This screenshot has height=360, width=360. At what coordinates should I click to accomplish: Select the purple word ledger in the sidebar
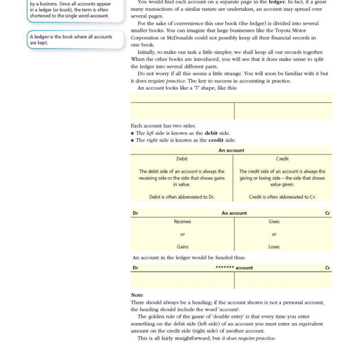pyautogui.click(x=41, y=37)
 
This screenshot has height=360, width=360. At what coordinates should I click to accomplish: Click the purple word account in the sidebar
pyautogui.click(x=99, y=16)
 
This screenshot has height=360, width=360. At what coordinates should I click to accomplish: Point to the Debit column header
pyautogui.click(x=182, y=159)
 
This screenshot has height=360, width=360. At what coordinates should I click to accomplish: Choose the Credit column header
pyautogui.click(x=282, y=159)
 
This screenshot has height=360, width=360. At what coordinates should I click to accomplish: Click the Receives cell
pyautogui.click(x=182, y=221)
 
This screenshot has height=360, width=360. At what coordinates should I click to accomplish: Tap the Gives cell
pyautogui.click(x=274, y=221)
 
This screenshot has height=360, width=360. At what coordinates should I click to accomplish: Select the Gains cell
pyautogui.click(x=182, y=247)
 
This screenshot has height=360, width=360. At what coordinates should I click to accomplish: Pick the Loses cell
pyautogui.click(x=274, y=247)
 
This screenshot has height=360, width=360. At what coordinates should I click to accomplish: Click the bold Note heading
pyautogui.click(x=137, y=295)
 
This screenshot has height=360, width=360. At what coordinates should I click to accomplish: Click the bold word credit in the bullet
pyautogui.click(x=216, y=140)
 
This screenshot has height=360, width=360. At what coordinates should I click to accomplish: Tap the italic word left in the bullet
pyautogui.click(x=150, y=133)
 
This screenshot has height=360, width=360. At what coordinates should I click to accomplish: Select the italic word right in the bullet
pyautogui.click(x=152, y=140)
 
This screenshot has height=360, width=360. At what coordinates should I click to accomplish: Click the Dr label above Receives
pyautogui.click(x=135, y=213)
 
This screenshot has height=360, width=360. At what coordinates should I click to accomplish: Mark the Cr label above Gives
pyautogui.click(x=327, y=213)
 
